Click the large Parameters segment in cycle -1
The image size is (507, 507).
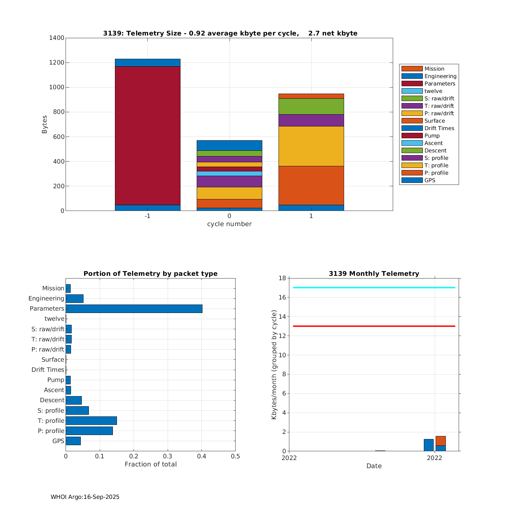(x=147, y=135)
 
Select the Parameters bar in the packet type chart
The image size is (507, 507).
(x=134, y=309)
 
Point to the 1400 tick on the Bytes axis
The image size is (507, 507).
(x=57, y=38)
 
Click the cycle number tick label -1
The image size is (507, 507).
(x=147, y=216)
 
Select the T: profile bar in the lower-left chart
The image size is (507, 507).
(x=91, y=420)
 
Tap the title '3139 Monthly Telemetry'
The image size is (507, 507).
(x=374, y=273)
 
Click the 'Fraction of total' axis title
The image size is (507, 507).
(x=150, y=464)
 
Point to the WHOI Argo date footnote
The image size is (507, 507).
(x=85, y=497)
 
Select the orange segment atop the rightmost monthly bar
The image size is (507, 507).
(x=440, y=441)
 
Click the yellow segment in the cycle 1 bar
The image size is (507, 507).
(x=311, y=146)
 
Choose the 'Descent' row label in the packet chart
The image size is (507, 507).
(x=52, y=400)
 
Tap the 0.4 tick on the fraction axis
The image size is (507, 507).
(x=201, y=456)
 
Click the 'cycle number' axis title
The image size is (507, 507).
(x=229, y=224)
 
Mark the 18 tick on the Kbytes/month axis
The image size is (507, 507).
(x=282, y=278)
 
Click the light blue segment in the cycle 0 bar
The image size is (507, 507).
(x=229, y=173)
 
